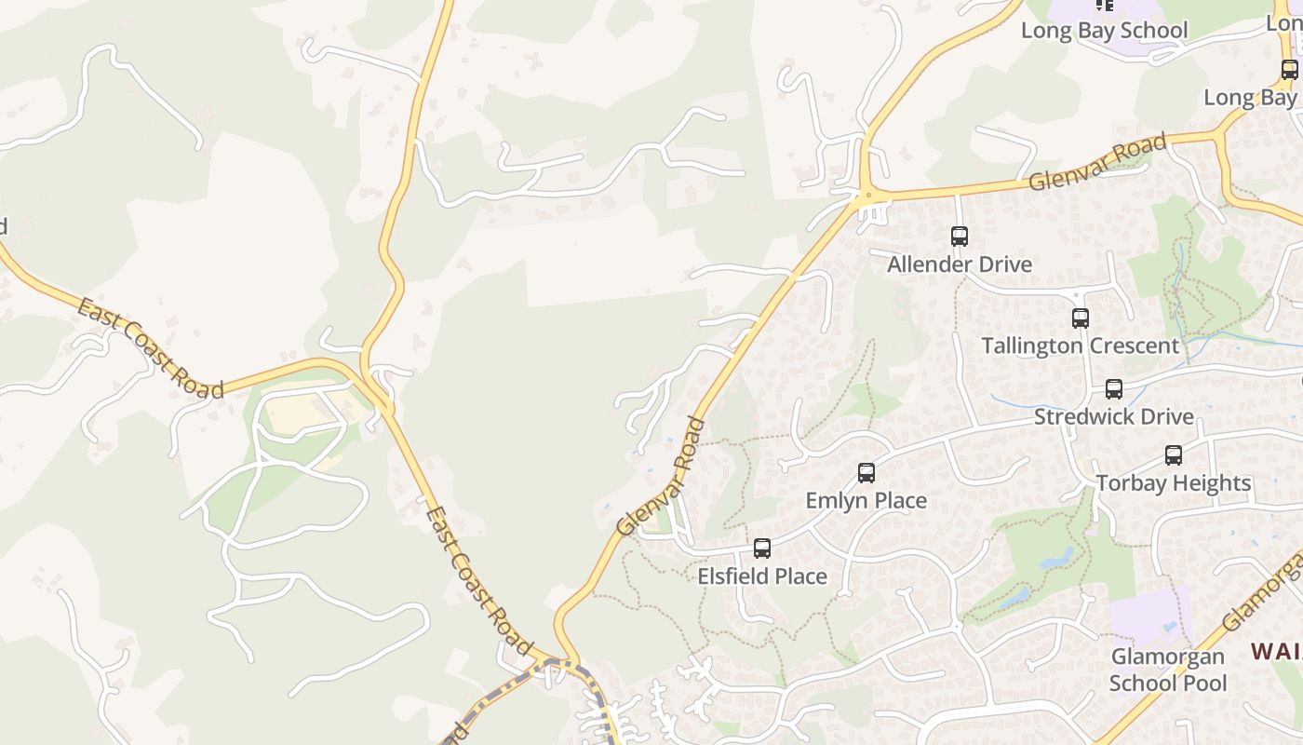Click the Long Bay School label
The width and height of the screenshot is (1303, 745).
1104,30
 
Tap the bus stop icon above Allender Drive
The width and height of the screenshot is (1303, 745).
960,237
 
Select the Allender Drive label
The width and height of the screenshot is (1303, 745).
960,264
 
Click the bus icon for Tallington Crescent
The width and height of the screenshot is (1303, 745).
1080,318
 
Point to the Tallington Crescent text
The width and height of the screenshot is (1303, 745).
1080,346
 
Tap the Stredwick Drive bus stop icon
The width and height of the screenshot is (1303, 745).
1114,389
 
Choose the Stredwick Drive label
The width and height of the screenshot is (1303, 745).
1114,416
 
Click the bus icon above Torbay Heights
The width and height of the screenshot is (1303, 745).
1174,455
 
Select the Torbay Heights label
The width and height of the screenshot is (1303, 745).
1174,483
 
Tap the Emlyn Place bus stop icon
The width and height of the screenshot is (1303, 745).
866,473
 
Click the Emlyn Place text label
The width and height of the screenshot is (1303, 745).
866,501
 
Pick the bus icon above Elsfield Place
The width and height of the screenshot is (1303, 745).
762,549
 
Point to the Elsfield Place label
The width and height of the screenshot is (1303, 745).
762,576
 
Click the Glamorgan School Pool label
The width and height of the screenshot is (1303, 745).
1168,670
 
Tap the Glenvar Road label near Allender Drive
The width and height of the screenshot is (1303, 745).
1098,163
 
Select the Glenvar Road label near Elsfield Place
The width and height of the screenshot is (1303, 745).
662,477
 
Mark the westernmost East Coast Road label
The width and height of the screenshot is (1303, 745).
150,348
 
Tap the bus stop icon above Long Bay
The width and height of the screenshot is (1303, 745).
1289,69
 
